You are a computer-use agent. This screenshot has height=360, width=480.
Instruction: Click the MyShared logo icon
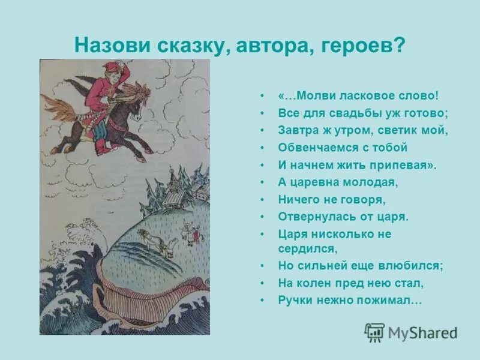coord(374,332)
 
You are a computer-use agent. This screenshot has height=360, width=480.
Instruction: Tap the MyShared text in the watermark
coord(422,333)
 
